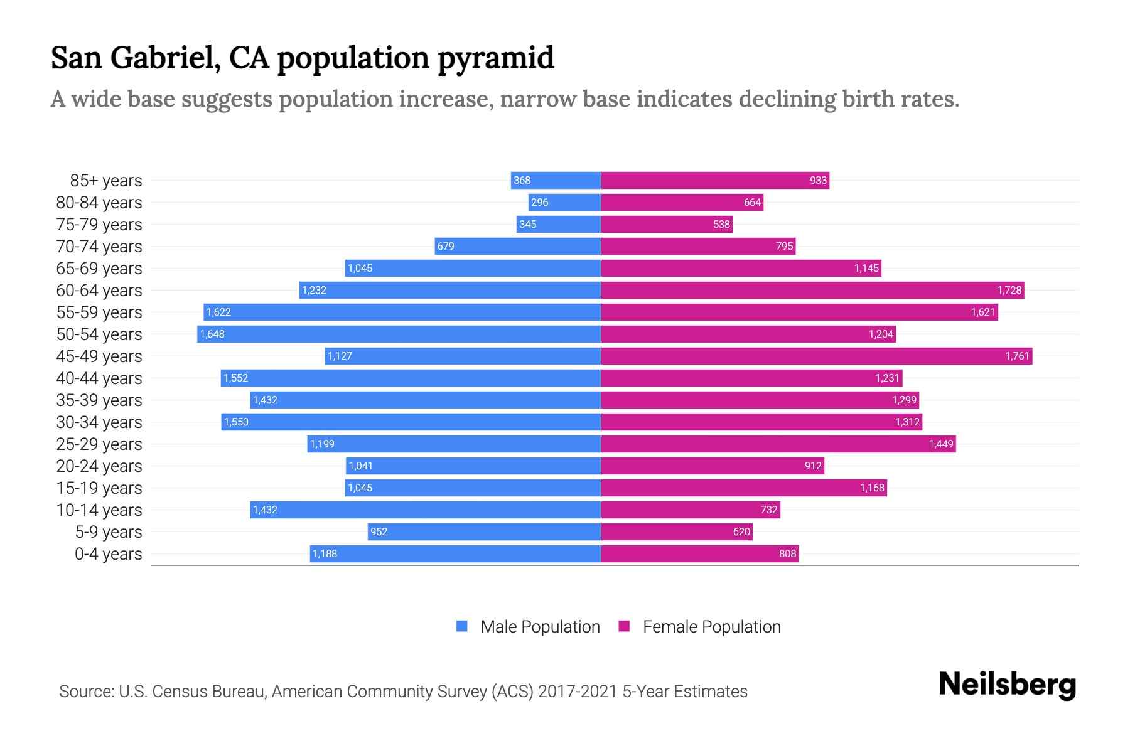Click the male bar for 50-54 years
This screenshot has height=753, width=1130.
[399, 334]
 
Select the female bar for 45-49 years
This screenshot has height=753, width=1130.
[816, 356]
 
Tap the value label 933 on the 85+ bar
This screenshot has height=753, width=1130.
[818, 181]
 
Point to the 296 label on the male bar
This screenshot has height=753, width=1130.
[539, 202]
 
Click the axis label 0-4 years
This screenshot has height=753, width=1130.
[108, 554]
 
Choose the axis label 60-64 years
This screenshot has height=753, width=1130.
[99, 291]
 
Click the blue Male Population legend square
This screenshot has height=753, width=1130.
[462, 626]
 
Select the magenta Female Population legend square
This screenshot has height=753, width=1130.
[624, 626]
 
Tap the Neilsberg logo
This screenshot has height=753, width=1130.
[1007, 685]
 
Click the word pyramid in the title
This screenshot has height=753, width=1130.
[496, 59]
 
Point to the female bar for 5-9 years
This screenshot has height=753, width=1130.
[677, 531]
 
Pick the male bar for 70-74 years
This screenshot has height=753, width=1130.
[518, 246]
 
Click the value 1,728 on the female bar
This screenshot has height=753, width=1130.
[1009, 290]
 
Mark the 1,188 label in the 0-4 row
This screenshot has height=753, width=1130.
[325, 553]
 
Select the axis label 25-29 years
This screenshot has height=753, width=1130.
[99, 444]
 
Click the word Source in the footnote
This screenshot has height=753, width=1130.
[85, 692]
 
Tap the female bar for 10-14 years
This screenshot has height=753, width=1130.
[691, 510]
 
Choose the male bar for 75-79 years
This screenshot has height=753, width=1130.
[559, 224]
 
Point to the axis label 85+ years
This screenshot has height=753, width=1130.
[106, 181]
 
